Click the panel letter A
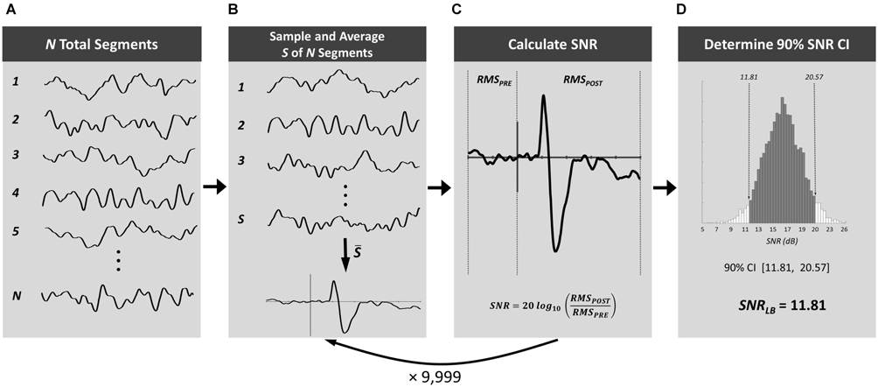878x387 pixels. (x=8, y=8)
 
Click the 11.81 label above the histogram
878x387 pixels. (x=749, y=77)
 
